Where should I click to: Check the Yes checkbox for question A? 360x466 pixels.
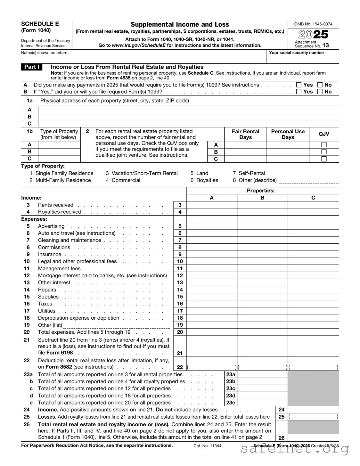tap(299, 85)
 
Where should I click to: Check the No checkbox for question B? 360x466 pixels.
tap(320, 92)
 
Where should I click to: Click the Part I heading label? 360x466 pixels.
tap(32, 67)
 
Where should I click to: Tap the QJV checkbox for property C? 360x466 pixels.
tap(324, 159)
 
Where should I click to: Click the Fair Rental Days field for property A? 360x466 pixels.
tap(245, 145)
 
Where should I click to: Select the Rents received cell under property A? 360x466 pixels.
tap(212, 205)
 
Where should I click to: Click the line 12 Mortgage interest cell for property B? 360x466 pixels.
tap(262, 275)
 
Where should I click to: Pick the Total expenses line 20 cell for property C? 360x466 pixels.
tap(313, 332)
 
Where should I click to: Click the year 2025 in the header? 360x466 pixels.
tap(313, 34)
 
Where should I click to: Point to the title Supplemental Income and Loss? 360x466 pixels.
tap(180, 24)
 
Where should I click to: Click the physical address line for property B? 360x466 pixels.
tap(188, 117)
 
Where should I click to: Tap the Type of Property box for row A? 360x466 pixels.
tap(59, 145)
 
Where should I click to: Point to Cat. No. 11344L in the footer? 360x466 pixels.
tap(209, 446)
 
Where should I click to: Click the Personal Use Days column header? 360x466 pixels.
tap(288, 134)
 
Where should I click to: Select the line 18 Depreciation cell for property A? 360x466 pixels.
tap(212, 318)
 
